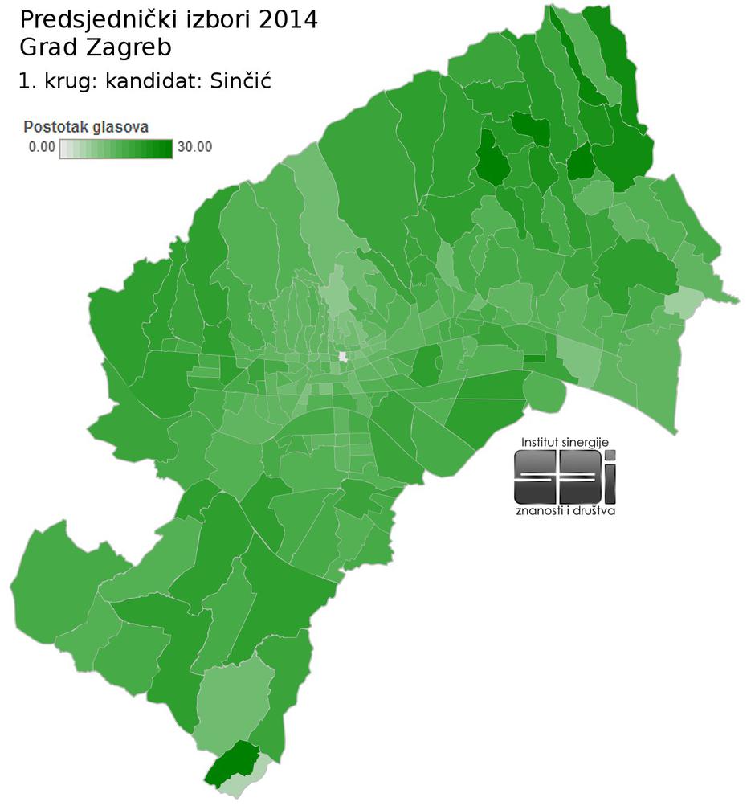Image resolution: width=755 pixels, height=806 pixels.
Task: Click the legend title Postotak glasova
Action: [86, 127]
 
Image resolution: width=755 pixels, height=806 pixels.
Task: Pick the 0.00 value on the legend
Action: [41, 147]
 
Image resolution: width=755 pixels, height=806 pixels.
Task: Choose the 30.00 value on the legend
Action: [194, 147]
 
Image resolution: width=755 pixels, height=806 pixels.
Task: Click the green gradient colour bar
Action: [116, 148]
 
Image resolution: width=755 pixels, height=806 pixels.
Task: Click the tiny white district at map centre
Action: [343, 357]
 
